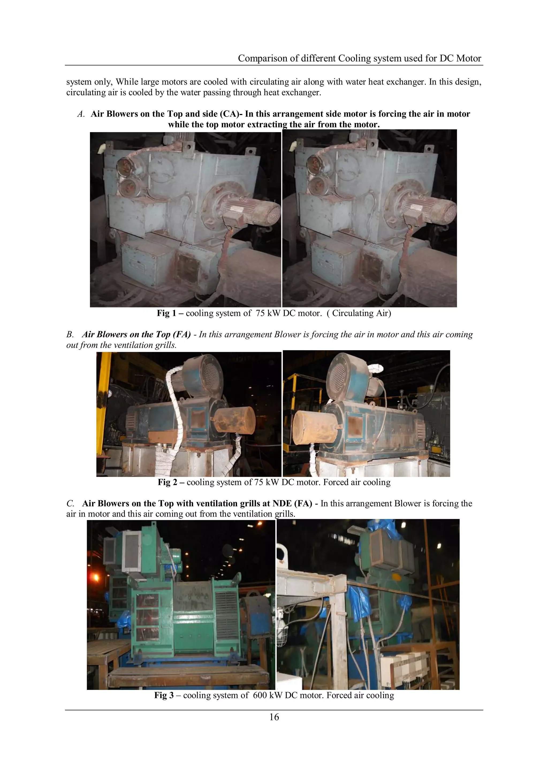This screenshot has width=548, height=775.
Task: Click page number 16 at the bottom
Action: [274, 717]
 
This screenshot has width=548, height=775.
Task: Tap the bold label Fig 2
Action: [168, 482]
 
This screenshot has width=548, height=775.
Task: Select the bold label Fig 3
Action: [164, 695]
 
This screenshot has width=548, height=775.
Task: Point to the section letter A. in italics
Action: [81, 114]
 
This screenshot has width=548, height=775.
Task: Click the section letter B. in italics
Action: [70, 334]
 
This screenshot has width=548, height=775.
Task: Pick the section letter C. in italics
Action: [70, 504]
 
